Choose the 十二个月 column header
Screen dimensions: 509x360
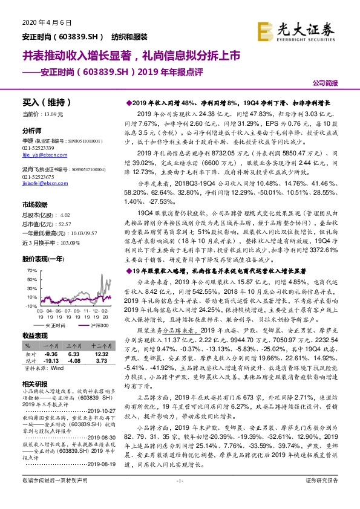click(x=100, y=343)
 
